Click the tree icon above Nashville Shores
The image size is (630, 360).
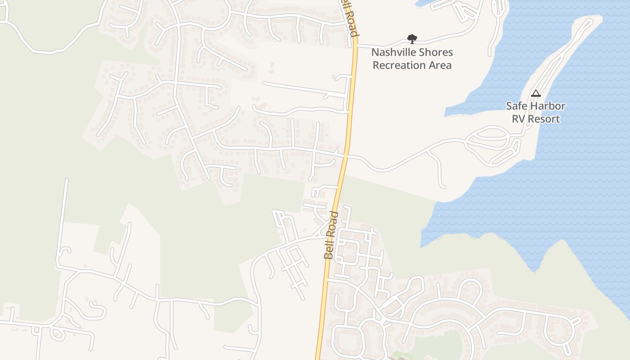[411, 39]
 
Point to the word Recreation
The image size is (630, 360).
[399, 65]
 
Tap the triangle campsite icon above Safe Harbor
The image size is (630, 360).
[535, 94]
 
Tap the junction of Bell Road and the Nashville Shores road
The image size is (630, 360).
[355, 45]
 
